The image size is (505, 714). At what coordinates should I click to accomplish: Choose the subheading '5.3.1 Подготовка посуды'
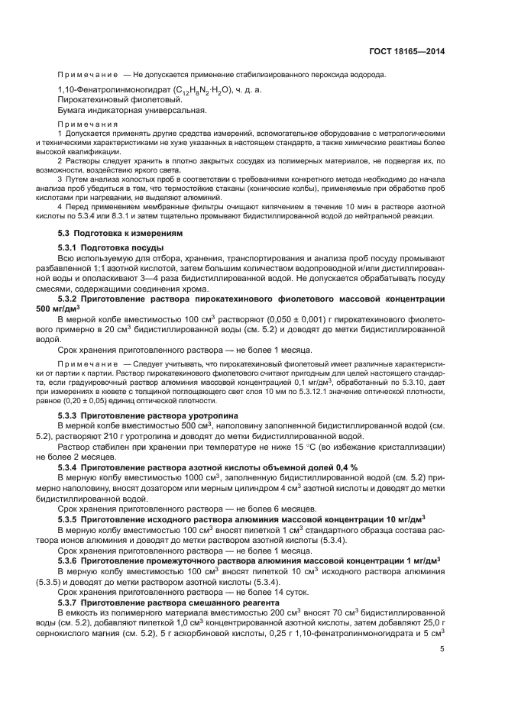[x=111, y=248]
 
